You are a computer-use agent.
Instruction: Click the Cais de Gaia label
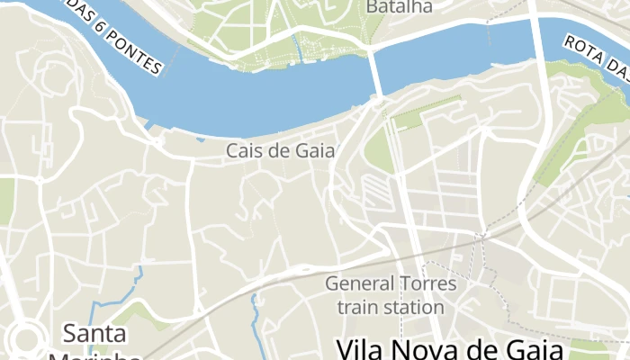[x=280, y=151]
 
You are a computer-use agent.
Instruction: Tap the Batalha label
[x=399, y=6]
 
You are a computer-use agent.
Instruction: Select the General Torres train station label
[x=391, y=295]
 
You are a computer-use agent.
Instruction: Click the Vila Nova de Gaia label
[x=449, y=349]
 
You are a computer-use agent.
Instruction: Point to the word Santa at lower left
[x=94, y=334]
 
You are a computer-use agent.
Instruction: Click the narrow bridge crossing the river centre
[x=376, y=72]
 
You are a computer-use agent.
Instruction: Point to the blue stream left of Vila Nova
[x=258, y=324]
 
